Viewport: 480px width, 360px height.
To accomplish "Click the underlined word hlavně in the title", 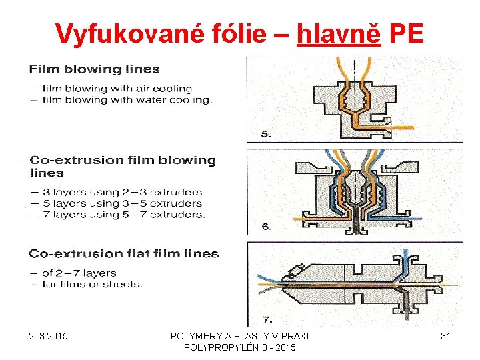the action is coord(339,33).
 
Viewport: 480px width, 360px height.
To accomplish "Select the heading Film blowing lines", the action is coord(94,69).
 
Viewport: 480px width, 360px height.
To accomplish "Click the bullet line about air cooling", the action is coord(117,88).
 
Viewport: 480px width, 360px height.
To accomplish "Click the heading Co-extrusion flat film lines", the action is coord(123,253).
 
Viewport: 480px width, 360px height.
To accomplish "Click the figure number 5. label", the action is coord(266,135).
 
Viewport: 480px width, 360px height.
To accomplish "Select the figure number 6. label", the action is coord(266,227).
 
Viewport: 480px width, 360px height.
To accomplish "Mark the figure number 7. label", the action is coord(266,319).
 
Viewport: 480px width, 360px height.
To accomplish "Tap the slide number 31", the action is coord(445,337).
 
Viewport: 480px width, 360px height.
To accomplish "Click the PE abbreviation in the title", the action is coord(405,33).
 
